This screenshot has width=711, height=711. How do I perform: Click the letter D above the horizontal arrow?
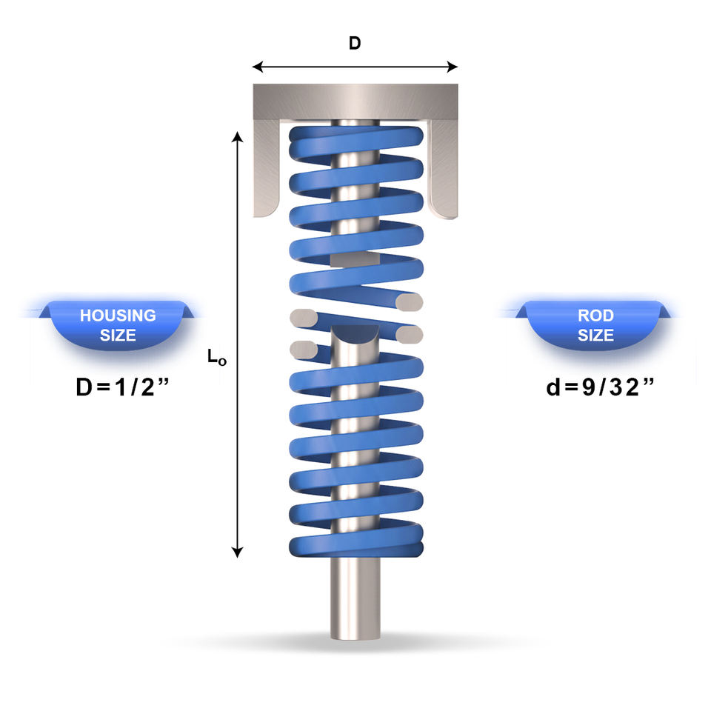click(355, 43)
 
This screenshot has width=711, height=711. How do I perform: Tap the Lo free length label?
click(217, 357)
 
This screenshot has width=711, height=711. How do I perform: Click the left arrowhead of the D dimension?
click(258, 67)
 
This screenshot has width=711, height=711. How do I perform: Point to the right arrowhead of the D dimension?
click(452, 67)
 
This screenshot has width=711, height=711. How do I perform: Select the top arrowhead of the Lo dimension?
click(237, 137)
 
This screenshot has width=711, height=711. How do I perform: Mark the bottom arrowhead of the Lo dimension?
click(237, 552)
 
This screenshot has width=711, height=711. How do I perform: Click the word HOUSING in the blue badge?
click(118, 316)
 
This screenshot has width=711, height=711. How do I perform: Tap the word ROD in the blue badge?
click(595, 316)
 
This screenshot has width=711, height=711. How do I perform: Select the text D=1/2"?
click(122, 387)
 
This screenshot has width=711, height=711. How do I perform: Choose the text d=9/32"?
click(601, 387)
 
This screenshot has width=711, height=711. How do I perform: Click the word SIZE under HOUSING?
click(118, 335)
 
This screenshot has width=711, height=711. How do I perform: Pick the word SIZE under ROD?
click(595, 335)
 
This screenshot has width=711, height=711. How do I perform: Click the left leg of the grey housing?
click(266, 168)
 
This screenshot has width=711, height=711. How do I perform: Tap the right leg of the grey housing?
click(443, 168)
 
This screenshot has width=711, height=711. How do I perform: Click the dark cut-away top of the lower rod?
click(355, 333)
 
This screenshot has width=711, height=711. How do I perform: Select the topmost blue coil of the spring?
click(356, 140)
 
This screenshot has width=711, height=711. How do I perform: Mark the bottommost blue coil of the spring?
click(356, 542)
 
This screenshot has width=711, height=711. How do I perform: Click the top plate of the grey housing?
click(355, 101)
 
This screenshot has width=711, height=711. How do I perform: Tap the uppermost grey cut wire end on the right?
click(409, 302)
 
